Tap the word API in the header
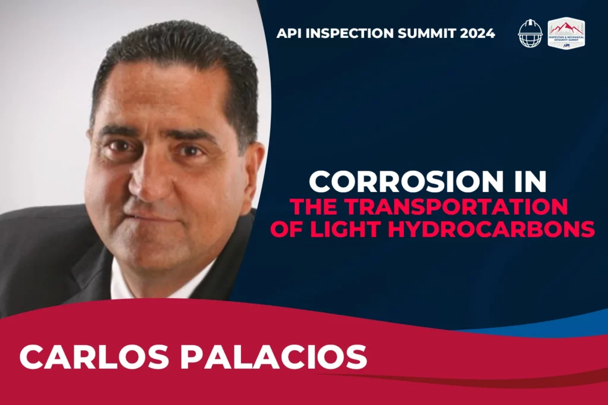[x=289, y=33]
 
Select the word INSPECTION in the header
[x=350, y=33]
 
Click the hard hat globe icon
[x=530, y=33]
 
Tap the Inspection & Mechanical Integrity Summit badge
[x=566, y=33]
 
